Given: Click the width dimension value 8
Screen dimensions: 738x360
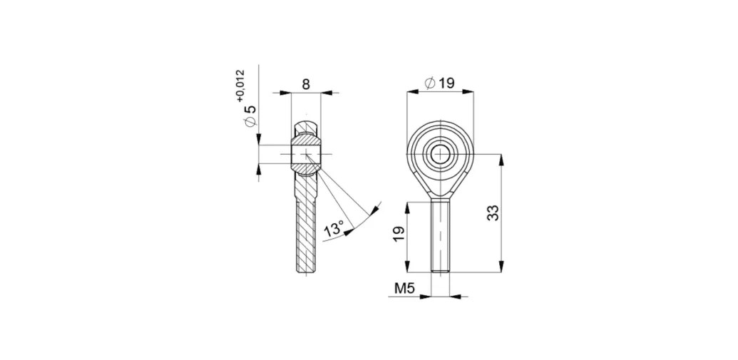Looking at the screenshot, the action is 306,84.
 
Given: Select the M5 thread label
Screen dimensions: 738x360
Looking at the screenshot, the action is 404,289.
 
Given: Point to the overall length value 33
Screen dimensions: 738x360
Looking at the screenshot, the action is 493,212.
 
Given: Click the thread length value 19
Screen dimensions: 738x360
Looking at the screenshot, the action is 399,234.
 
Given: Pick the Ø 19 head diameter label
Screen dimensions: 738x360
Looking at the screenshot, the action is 440,83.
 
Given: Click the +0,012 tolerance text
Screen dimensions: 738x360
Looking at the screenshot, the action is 241,86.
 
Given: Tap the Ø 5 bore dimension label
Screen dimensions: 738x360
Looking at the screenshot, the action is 251,115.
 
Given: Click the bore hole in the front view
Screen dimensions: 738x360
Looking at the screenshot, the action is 441,154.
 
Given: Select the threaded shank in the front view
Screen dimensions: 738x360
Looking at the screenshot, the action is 441,235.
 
